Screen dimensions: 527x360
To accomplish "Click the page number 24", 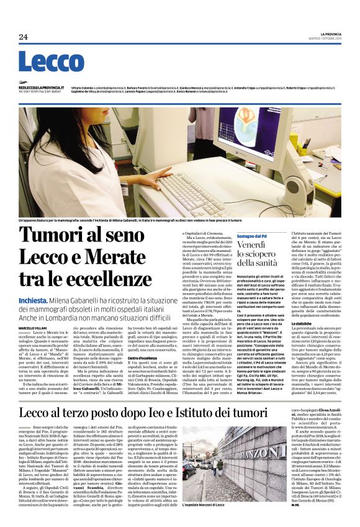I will click(x=24, y=37).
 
